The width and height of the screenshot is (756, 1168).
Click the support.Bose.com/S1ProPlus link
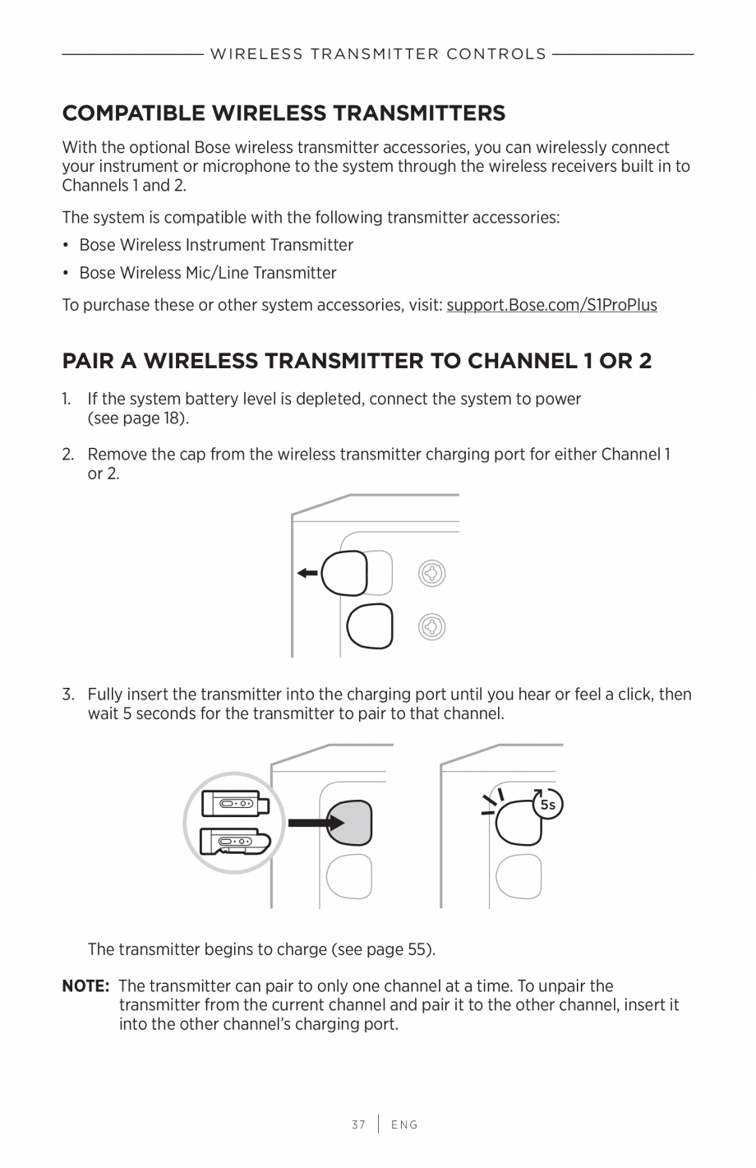point(551,305)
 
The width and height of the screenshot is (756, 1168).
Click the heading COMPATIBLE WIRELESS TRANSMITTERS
point(283,113)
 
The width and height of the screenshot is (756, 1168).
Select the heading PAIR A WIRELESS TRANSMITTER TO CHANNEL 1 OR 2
point(357,361)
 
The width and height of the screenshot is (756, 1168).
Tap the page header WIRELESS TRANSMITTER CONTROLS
point(378,54)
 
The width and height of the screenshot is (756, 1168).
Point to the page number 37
point(358,1124)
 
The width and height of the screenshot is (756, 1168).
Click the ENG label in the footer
point(404,1124)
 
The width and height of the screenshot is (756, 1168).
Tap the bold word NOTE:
point(86,986)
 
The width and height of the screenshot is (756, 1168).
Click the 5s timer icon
point(548,805)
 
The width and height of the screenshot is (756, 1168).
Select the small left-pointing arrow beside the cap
point(307,573)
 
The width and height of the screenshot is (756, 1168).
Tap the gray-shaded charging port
point(350,821)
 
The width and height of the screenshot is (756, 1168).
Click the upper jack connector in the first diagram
point(431,573)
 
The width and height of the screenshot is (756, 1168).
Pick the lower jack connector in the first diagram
point(431,627)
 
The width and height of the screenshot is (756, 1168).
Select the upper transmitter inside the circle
point(235,803)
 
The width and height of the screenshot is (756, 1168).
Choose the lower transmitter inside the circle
point(235,841)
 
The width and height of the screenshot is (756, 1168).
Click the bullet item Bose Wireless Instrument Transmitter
point(216,245)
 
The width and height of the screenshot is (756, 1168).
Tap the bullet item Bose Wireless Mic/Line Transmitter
point(208,273)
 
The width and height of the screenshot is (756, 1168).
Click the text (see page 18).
point(138,418)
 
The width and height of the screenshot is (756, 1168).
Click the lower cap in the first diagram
point(370,626)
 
